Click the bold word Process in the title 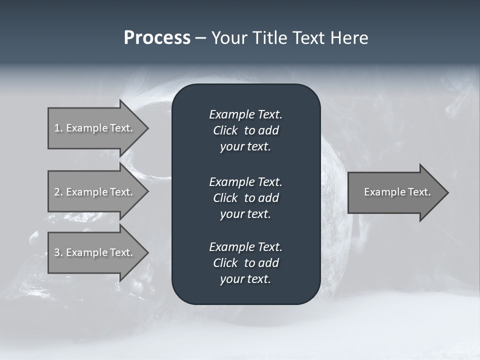(157, 38)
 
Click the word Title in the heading (269, 38)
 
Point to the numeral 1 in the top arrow (57, 128)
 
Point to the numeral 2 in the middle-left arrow (57, 192)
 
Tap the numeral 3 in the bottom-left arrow (57, 252)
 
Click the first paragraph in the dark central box (245, 130)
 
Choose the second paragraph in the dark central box (245, 198)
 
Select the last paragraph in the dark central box (245, 263)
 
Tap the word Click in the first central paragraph (225, 130)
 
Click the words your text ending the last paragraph (245, 279)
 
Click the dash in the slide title (200, 38)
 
